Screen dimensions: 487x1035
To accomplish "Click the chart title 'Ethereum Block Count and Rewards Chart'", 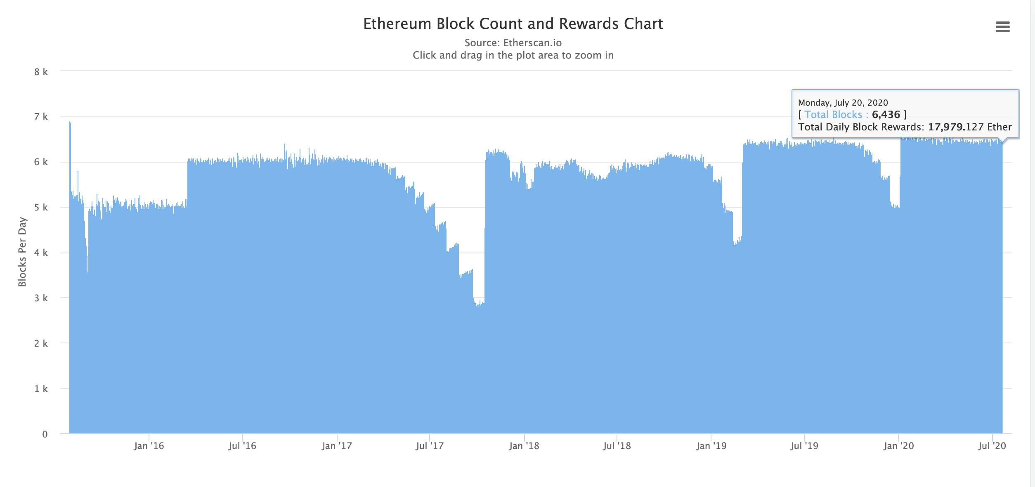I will tap(513, 24).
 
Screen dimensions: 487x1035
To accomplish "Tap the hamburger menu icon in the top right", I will tap(1002, 27).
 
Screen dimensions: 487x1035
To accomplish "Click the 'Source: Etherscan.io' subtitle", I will tap(513, 43).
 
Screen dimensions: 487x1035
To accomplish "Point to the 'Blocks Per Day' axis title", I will tap(22, 252).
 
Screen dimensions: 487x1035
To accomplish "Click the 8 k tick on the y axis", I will tap(41, 72).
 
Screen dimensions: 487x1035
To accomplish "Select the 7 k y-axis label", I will tap(41, 117).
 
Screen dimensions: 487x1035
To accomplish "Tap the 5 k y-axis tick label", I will tap(41, 208).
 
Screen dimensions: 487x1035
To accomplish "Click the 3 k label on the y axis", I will tap(41, 298).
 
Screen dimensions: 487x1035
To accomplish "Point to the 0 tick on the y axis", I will tap(45, 434).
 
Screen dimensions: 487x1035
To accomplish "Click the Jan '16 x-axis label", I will tap(149, 446).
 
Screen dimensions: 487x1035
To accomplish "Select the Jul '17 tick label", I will tap(430, 446).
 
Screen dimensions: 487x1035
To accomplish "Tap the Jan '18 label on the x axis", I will tap(524, 446).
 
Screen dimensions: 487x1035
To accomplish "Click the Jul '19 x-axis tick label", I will tap(804, 446).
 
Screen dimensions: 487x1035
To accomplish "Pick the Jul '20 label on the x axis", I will tap(992, 446).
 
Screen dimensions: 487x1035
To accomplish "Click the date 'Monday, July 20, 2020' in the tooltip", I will tap(843, 103).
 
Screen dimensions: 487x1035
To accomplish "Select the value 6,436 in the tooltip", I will tap(886, 115).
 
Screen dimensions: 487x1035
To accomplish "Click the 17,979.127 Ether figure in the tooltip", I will tap(969, 127).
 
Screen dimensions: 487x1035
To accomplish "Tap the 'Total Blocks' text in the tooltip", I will tap(833, 115).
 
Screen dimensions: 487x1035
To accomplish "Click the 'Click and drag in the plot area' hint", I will tap(513, 55).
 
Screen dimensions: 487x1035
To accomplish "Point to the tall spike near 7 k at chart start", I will tap(70, 124).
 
